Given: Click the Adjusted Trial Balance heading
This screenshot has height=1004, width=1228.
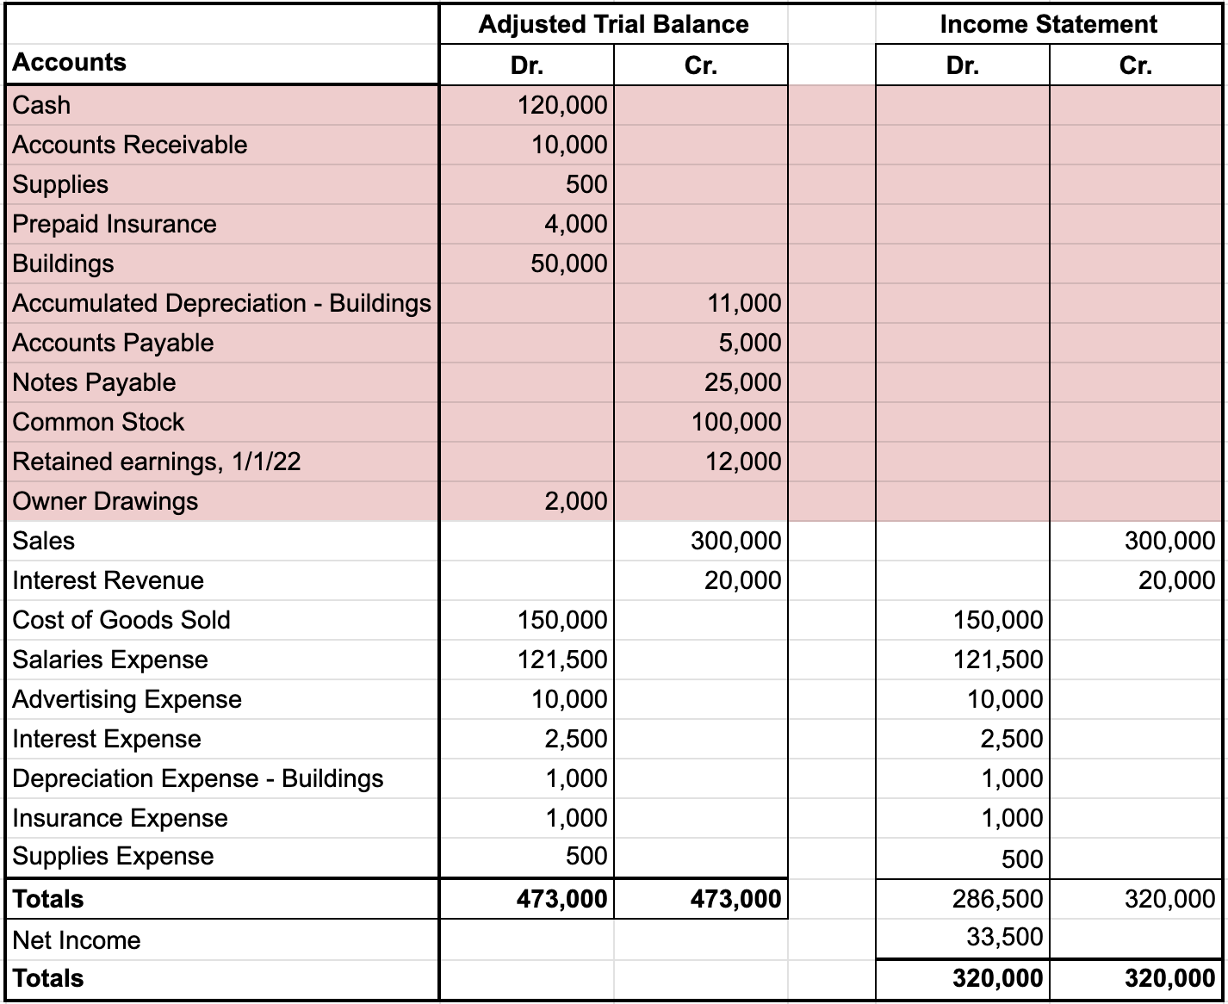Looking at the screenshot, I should click(x=613, y=24).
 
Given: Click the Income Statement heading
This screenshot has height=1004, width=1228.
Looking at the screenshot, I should click(x=1048, y=24).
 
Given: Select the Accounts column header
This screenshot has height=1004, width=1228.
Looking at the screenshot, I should click(x=70, y=62).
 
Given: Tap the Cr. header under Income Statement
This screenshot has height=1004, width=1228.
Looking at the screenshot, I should click(x=1135, y=66).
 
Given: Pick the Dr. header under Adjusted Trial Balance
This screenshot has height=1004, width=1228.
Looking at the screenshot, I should click(x=526, y=66).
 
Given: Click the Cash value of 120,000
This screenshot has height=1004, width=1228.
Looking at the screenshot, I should click(x=562, y=105).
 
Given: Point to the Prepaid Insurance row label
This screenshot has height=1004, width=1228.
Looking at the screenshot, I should click(x=115, y=224).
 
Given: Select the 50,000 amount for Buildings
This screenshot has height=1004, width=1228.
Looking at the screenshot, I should click(x=568, y=263).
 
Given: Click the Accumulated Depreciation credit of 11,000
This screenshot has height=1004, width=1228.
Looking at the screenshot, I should click(x=744, y=303).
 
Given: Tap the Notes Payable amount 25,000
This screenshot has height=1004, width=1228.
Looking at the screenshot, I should click(x=742, y=382).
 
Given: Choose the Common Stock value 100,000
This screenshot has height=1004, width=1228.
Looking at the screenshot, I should click(x=736, y=422).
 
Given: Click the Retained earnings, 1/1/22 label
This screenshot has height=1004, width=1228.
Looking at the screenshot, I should click(x=157, y=462).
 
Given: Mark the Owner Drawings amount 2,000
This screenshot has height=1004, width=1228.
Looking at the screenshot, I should click(x=575, y=501).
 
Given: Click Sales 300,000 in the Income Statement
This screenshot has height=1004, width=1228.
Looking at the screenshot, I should click(x=1169, y=541).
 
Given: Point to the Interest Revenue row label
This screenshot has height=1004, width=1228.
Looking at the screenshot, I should click(x=109, y=580).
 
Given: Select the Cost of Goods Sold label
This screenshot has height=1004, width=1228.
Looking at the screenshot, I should click(x=121, y=620).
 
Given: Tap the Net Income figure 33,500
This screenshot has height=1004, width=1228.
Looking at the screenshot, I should click(x=1004, y=937).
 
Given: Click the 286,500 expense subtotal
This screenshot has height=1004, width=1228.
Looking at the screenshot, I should click(x=997, y=899).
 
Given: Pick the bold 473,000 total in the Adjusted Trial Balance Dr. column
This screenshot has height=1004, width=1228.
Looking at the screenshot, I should click(x=561, y=899).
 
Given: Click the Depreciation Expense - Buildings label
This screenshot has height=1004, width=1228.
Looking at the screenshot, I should click(x=198, y=778).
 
